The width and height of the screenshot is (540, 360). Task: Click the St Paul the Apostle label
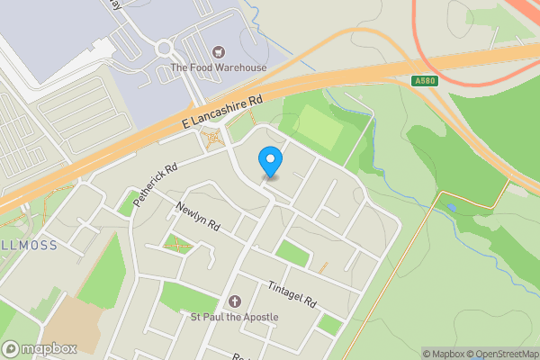point(234,317)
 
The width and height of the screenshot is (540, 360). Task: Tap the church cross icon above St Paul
point(234,301)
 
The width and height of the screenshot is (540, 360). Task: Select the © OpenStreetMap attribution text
point(496,354)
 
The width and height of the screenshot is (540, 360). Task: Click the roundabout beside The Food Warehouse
point(164,48)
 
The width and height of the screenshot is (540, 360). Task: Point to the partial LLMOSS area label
point(27,245)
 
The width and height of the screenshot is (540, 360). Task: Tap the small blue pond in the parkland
point(450,207)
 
